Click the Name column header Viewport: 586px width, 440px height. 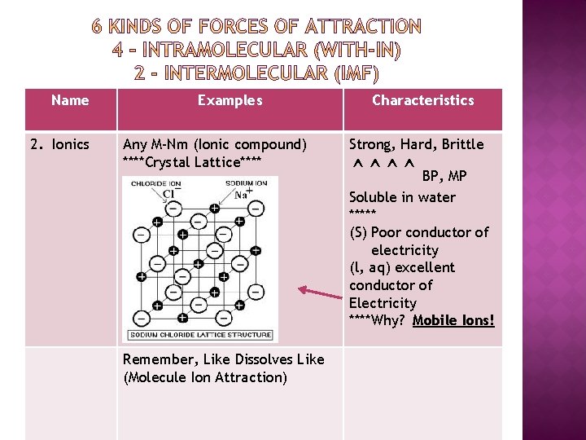[70, 100]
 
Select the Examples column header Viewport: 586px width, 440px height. [230, 100]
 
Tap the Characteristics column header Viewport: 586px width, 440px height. [422, 100]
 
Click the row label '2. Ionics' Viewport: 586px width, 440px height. [59, 144]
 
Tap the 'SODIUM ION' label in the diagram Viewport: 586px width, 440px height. [246, 183]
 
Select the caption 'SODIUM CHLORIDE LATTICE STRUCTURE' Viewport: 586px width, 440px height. [200, 335]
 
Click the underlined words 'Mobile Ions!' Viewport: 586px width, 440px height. [453, 320]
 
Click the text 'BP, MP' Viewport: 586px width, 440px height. [444, 176]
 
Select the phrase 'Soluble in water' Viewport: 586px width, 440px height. [402, 197]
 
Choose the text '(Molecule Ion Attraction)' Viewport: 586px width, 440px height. [205, 377]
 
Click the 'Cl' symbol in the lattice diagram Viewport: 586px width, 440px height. [168, 194]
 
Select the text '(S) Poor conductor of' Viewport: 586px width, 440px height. [418, 232]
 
